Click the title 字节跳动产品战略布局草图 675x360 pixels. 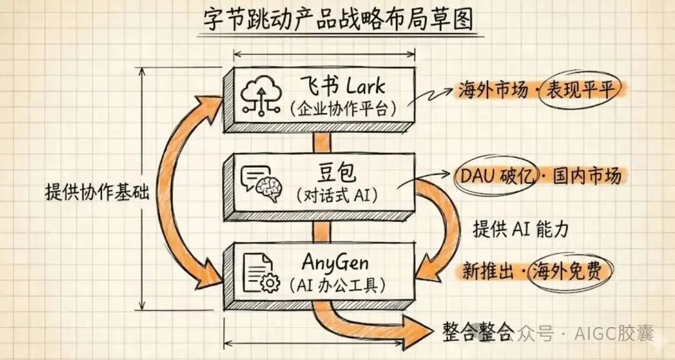pyautogui.click(x=338, y=20)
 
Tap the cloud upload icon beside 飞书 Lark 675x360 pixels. pyautogui.click(x=259, y=95)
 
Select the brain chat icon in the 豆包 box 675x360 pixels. pyautogui.click(x=261, y=183)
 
